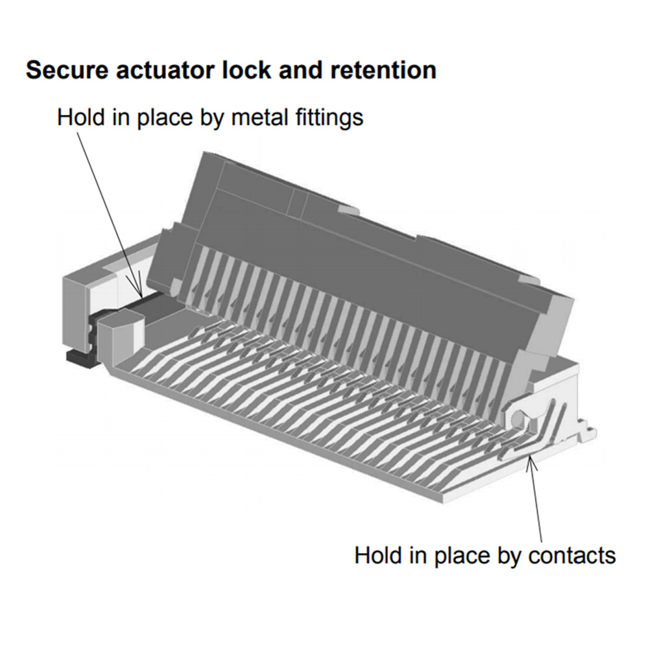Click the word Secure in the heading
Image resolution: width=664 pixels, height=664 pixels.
(67, 71)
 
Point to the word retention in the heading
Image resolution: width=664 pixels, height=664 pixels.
(383, 71)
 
